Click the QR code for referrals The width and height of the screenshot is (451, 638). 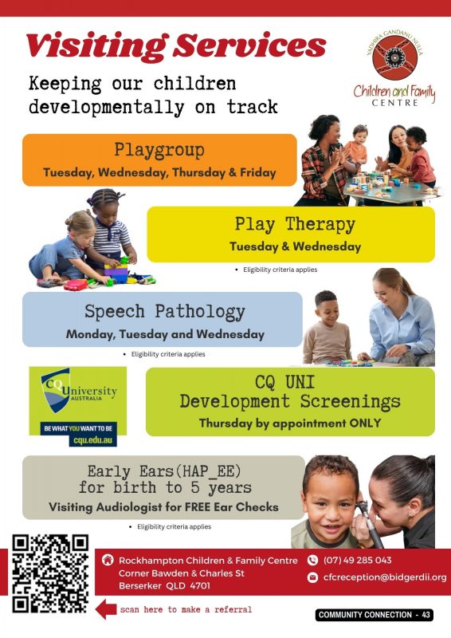(x=50, y=574)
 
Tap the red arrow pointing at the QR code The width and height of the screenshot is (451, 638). (x=106, y=609)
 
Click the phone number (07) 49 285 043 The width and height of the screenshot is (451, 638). (x=358, y=561)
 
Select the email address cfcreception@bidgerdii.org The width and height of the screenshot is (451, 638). (x=385, y=577)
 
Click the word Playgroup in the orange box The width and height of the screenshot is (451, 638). (x=159, y=150)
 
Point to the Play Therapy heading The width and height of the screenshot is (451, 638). (x=295, y=225)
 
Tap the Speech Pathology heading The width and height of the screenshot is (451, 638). (x=165, y=312)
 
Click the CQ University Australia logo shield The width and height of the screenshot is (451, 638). (x=56, y=390)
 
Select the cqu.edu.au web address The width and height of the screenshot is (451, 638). (x=92, y=440)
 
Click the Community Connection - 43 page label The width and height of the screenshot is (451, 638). (x=375, y=614)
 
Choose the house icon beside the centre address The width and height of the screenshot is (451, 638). (x=108, y=560)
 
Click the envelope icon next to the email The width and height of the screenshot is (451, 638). (x=312, y=577)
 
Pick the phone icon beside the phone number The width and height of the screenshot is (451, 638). (x=312, y=561)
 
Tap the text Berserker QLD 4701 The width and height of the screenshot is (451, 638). (x=164, y=586)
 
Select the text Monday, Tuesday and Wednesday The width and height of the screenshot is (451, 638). (x=165, y=334)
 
